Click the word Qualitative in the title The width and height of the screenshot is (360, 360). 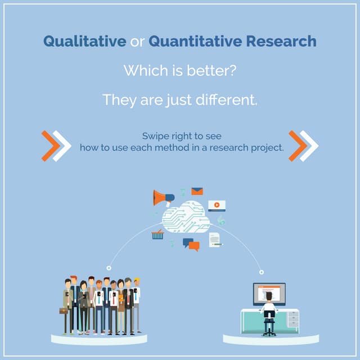[84, 42]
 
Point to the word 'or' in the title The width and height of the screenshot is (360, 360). [137, 42]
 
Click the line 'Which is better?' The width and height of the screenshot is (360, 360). [179, 71]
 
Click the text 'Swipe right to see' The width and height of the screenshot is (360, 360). [181, 136]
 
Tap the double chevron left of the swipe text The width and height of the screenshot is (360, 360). [56, 145]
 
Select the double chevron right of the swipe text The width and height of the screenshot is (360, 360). [303, 145]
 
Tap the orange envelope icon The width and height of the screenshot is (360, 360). [196, 191]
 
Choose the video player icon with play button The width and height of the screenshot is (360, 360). [217, 205]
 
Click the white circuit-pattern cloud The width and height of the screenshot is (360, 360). [185, 220]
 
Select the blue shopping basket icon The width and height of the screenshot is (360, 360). [157, 235]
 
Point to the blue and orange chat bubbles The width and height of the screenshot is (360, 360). [191, 244]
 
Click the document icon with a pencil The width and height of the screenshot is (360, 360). [215, 240]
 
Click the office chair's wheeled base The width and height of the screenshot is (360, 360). [269, 332]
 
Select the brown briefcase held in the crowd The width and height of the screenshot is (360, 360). [63, 310]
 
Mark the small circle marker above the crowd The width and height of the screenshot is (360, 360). [109, 268]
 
